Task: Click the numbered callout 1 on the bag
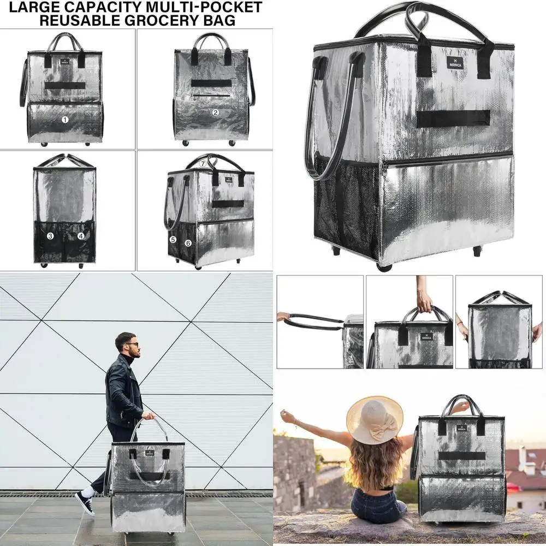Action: (65, 120)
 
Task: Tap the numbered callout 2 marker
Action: (216, 113)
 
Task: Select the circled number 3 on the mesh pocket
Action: (50, 236)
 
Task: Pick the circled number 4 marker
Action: (81, 236)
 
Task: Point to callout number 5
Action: (173, 240)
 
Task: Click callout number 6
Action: (188, 243)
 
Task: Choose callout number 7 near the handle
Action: (203, 163)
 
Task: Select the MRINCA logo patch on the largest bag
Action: (454, 63)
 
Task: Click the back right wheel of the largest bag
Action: (477, 251)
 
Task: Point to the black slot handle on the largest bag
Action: (453, 118)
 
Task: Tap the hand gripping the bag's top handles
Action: (424, 301)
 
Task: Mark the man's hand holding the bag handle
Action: (147, 416)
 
